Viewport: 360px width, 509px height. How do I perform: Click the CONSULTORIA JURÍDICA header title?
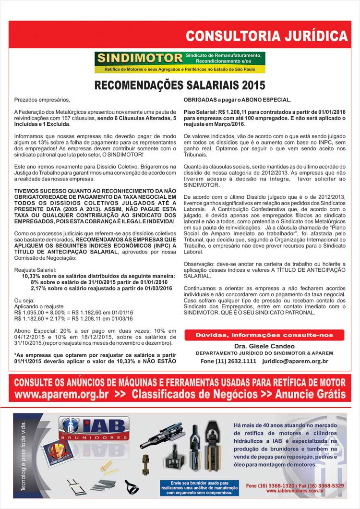[266, 36]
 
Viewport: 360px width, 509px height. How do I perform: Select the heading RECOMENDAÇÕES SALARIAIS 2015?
[180, 86]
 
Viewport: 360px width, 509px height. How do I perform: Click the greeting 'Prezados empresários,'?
[42, 100]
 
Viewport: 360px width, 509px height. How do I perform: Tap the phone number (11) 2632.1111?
[236, 361]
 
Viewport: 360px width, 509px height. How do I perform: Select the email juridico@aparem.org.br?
[295, 361]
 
